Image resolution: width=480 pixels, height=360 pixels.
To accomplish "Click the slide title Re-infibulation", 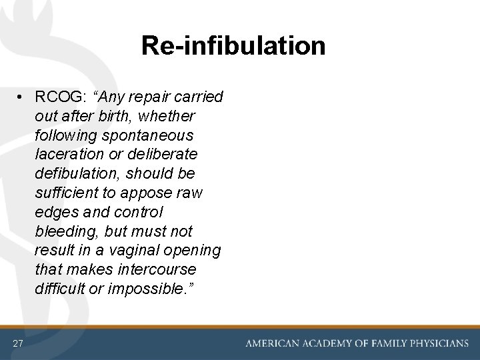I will click(233, 45).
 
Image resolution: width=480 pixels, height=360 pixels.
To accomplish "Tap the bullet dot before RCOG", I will click(22, 97).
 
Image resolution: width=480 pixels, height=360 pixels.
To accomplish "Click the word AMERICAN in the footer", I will click(273, 343).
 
